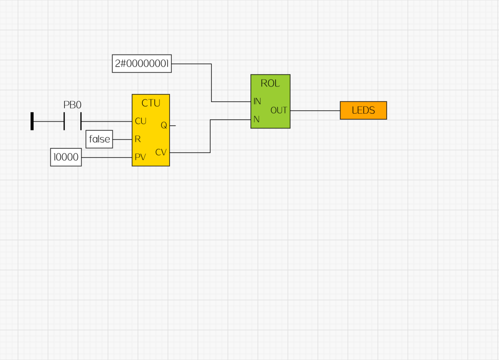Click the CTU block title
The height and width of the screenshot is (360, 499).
tap(151, 103)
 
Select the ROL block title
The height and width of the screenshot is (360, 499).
tap(270, 83)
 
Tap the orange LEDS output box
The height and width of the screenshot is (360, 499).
tap(363, 110)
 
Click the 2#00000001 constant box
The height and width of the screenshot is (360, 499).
tap(142, 64)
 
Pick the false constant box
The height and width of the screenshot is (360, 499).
tap(99, 139)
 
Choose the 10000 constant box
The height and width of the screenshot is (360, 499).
tap(66, 157)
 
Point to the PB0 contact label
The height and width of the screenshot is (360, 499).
tap(72, 104)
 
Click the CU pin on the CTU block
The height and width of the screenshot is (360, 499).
tap(140, 121)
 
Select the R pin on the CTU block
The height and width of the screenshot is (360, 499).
tap(137, 139)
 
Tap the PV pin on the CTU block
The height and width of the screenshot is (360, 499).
tap(140, 157)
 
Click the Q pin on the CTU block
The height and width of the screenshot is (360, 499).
tap(164, 125)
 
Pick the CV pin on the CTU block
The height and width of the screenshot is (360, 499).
tap(161, 152)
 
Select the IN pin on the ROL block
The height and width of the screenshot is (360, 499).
tap(257, 101)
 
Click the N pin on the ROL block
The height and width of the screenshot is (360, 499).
tap(256, 119)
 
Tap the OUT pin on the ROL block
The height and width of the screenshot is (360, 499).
tap(279, 110)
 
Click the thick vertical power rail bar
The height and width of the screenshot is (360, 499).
tap(32, 121)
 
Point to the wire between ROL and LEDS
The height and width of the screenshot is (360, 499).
tap(315, 110)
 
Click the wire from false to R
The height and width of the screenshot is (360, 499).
tap(122, 139)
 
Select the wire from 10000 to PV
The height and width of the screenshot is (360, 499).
tap(107, 157)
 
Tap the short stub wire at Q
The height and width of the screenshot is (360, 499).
tap(173, 125)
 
